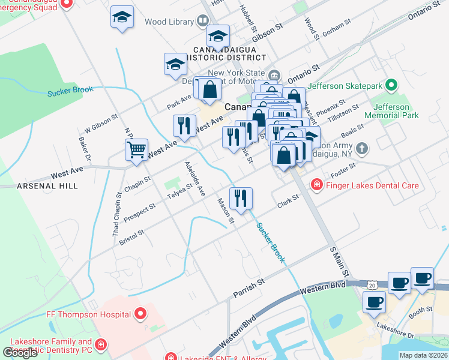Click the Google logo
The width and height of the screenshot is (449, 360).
[20, 352]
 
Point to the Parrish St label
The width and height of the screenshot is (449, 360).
[249, 288]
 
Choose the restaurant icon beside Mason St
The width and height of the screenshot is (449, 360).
[241, 199]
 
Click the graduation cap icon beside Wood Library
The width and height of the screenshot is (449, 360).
[122, 18]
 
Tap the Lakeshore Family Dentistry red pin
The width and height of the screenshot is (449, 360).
[101, 344]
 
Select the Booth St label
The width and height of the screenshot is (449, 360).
[420, 310]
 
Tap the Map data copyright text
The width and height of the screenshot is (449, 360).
[423, 355]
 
